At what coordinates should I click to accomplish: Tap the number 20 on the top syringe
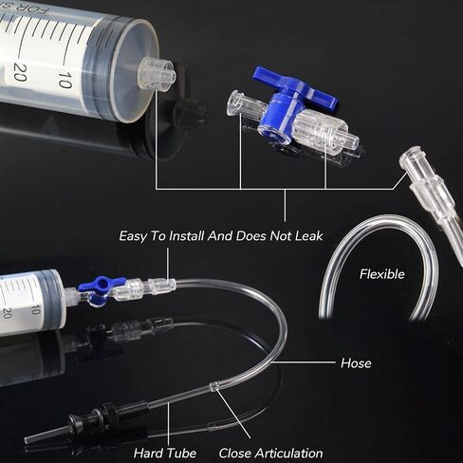click(20, 72)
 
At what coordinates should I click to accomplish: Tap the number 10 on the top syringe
click(65, 80)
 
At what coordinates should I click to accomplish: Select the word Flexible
click(382, 274)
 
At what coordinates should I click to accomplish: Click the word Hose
click(356, 363)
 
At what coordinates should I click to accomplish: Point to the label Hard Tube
click(165, 454)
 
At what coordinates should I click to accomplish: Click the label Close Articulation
click(270, 454)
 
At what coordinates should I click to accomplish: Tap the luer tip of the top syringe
click(157, 74)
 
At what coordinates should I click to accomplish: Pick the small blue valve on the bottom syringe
click(101, 287)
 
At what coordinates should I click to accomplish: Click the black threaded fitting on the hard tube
click(109, 414)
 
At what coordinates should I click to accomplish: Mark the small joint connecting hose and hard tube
click(214, 386)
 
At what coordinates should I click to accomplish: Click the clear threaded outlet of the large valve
click(325, 131)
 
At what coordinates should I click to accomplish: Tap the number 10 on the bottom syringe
click(36, 309)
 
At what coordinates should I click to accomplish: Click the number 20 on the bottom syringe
click(7, 313)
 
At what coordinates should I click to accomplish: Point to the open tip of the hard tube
click(27, 439)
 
